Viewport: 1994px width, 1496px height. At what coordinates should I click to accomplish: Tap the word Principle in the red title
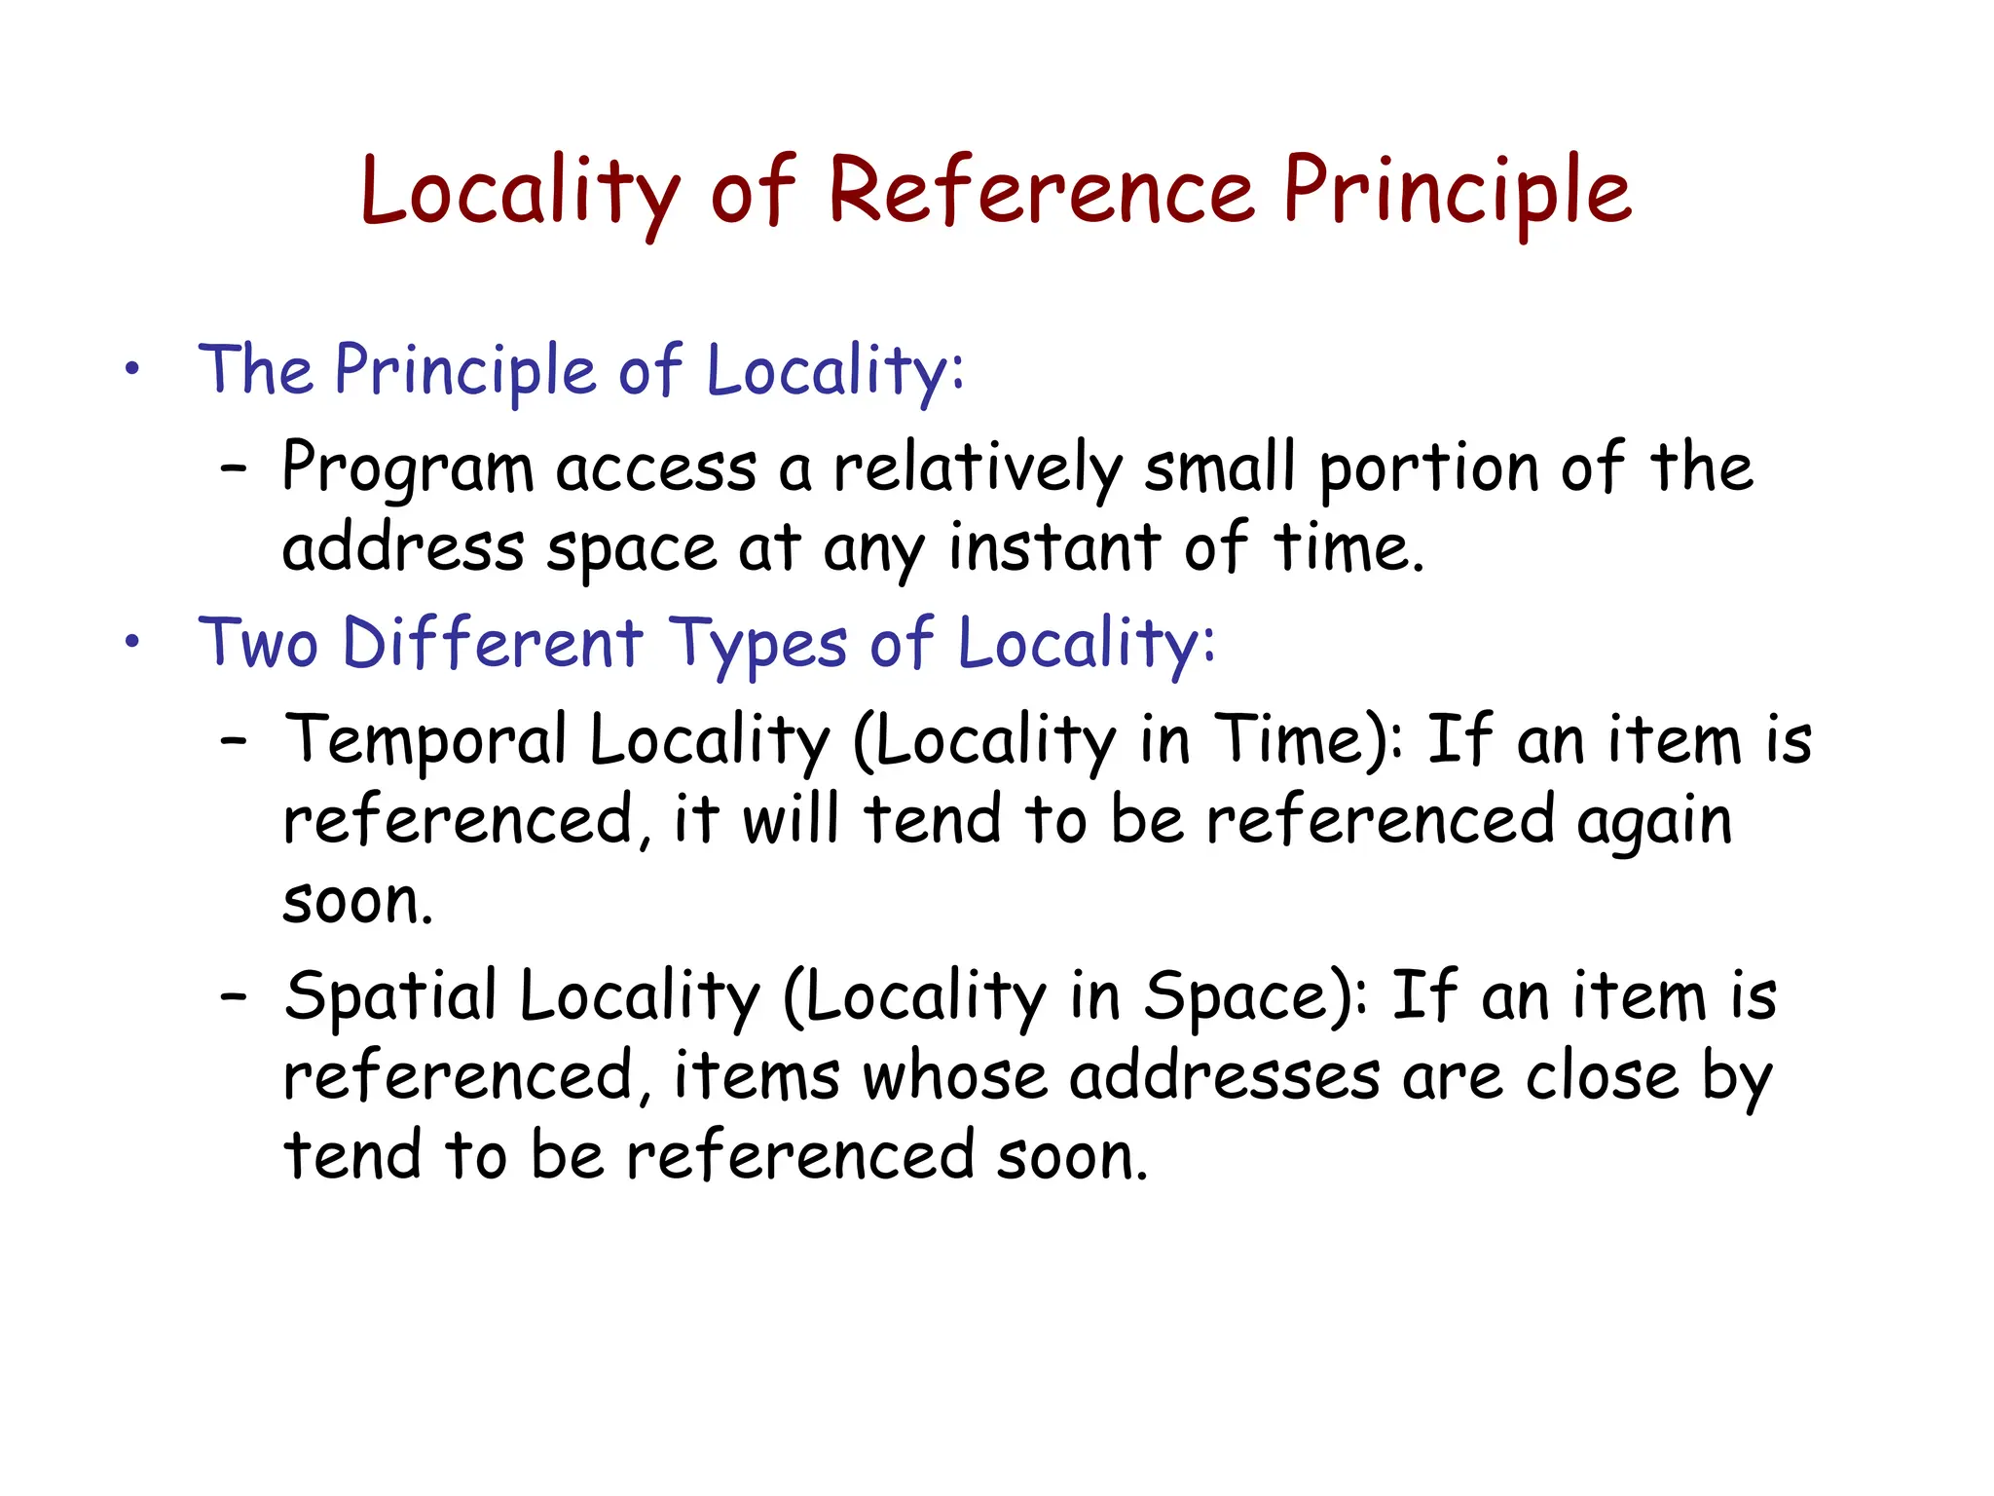point(1457,192)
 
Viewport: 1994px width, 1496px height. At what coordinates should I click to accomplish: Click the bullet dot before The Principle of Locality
point(132,370)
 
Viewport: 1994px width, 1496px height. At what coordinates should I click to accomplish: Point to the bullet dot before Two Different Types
point(132,643)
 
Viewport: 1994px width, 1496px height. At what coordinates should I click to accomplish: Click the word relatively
point(978,469)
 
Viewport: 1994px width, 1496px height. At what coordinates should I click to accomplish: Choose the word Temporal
point(425,742)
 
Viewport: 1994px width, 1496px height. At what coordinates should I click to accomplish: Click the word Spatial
point(390,997)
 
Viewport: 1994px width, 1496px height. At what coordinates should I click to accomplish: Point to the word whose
point(954,1077)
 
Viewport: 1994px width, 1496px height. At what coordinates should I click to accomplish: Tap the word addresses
point(1225,1077)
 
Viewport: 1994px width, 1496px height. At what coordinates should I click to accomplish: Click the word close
point(1602,1077)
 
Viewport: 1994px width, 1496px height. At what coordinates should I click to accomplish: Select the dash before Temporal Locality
point(234,742)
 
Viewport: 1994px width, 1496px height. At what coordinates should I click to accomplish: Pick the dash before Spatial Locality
point(234,997)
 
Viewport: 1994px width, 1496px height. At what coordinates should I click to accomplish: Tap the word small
point(1219,469)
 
